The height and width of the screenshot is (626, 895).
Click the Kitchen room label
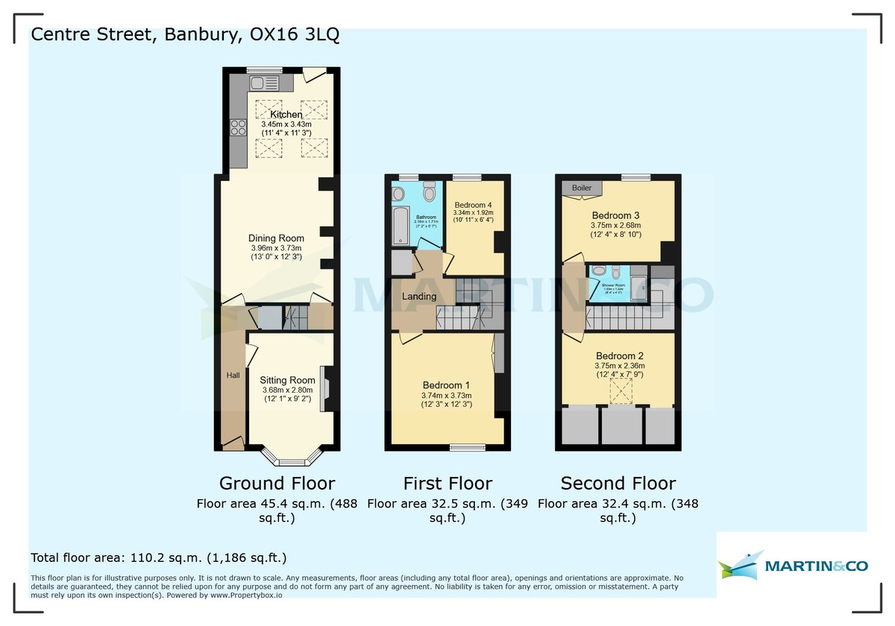[286, 114]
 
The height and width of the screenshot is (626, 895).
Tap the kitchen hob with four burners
[239, 127]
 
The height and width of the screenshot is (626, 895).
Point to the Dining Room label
[276, 238]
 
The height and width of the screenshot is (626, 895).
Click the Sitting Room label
[288, 380]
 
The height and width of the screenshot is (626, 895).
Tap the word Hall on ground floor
[233, 376]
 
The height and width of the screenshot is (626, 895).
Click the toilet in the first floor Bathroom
[428, 193]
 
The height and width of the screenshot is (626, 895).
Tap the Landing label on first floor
[419, 297]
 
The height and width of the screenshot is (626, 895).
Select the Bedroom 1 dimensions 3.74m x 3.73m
[446, 396]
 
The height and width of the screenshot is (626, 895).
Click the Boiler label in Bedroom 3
[582, 188]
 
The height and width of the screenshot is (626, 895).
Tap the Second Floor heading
[618, 483]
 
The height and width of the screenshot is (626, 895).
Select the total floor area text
[158, 557]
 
